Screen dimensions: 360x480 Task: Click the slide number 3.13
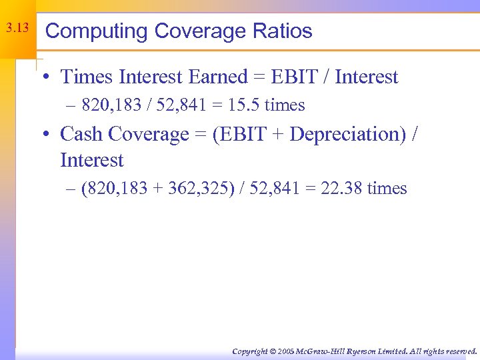(x=17, y=29)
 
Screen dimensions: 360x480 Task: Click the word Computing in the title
(x=96, y=31)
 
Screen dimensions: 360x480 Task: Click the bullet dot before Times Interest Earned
(x=43, y=78)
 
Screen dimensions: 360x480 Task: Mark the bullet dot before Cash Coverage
(x=43, y=135)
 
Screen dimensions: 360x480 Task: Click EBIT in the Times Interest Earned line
(x=295, y=77)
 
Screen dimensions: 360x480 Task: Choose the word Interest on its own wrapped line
(x=91, y=161)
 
